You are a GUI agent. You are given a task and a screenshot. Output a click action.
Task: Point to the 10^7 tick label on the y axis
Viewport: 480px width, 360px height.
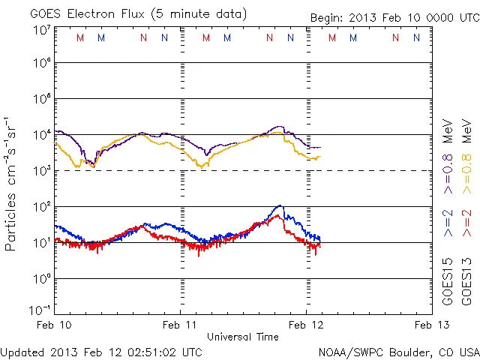(x=42, y=30)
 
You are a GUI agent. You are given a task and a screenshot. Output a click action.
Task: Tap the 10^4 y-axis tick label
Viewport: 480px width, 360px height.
(x=42, y=135)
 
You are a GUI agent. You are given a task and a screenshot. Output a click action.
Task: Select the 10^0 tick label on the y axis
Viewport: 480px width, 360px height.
(x=42, y=278)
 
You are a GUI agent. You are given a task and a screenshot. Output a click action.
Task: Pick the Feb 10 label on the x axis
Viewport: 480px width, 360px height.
(x=55, y=325)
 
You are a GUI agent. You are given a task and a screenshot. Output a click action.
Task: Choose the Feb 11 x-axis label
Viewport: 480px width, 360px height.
(x=181, y=325)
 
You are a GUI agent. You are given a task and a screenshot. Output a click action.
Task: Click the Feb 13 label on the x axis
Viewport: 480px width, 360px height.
(x=429, y=325)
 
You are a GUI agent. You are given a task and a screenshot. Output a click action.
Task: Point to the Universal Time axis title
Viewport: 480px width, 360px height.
(x=243, y=337)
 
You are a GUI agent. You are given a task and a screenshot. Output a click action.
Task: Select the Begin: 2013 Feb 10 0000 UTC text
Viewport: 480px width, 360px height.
(x=393, y=17)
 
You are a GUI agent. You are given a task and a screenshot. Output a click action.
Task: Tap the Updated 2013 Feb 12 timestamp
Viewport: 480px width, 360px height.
(x=100, y=351)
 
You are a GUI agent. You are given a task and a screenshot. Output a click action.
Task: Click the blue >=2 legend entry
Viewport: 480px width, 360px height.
(x=448, y=224)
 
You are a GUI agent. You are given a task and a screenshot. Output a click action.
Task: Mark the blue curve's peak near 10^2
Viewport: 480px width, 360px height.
(x=280, y=205)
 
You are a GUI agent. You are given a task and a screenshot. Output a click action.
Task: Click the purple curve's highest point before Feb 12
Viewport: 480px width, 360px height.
(x=280, y=127)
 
